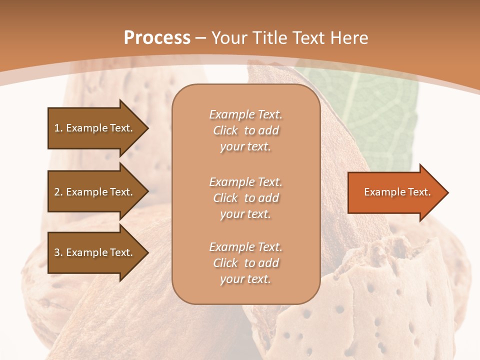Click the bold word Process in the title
[157, 38]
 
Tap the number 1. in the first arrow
[58, 128]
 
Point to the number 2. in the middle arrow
[58, 192]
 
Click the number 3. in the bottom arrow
[58, 252]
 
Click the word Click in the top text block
[225, 130]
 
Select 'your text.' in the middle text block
[245, 214]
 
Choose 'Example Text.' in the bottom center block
[245, 247]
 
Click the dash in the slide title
[200, 38]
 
